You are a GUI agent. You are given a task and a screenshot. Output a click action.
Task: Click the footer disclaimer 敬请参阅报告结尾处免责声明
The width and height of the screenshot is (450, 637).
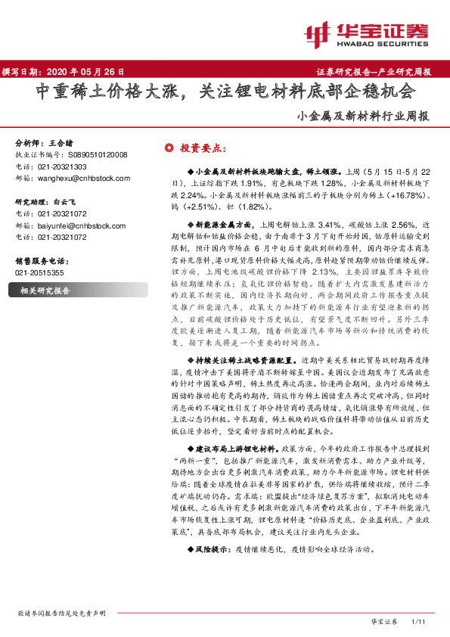coord(60,612)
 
